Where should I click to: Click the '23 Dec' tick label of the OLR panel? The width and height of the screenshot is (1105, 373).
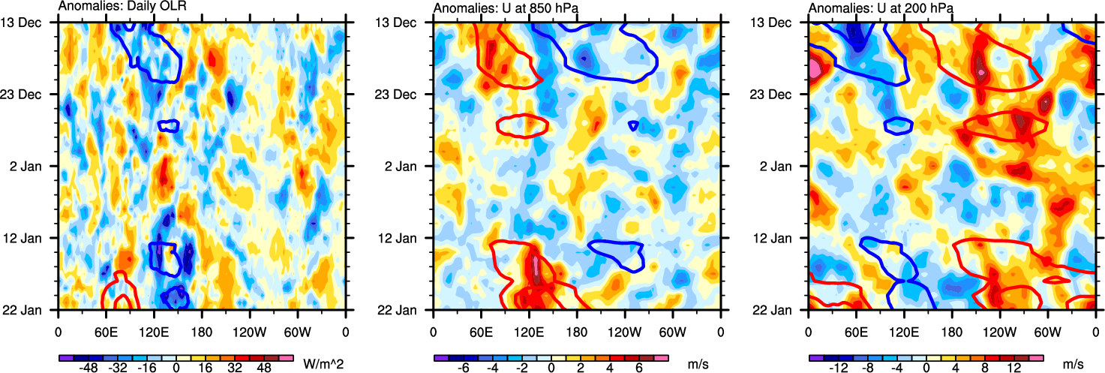[x=32, y=95]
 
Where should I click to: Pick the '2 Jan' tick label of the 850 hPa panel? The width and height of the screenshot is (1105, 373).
[x=410, y=165]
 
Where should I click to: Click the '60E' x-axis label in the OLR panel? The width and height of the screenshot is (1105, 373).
[x=106, y=330]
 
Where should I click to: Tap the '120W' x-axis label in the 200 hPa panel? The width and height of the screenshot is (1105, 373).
[x=999, y=330]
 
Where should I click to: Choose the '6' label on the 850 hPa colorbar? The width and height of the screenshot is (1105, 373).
[x=639, y=369]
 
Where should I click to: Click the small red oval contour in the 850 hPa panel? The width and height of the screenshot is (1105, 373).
[x=523, y=125]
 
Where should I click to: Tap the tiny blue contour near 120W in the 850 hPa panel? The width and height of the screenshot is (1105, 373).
[x=634, y=125]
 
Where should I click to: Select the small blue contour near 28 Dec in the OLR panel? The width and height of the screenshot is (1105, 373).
[x=169, y=125]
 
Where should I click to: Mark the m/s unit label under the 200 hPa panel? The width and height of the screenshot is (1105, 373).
[x=1074, y=363]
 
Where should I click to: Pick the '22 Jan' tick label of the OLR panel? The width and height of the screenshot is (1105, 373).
[x=32, y=310]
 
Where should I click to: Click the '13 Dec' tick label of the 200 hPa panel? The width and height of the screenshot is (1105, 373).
[x=782, y=23]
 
